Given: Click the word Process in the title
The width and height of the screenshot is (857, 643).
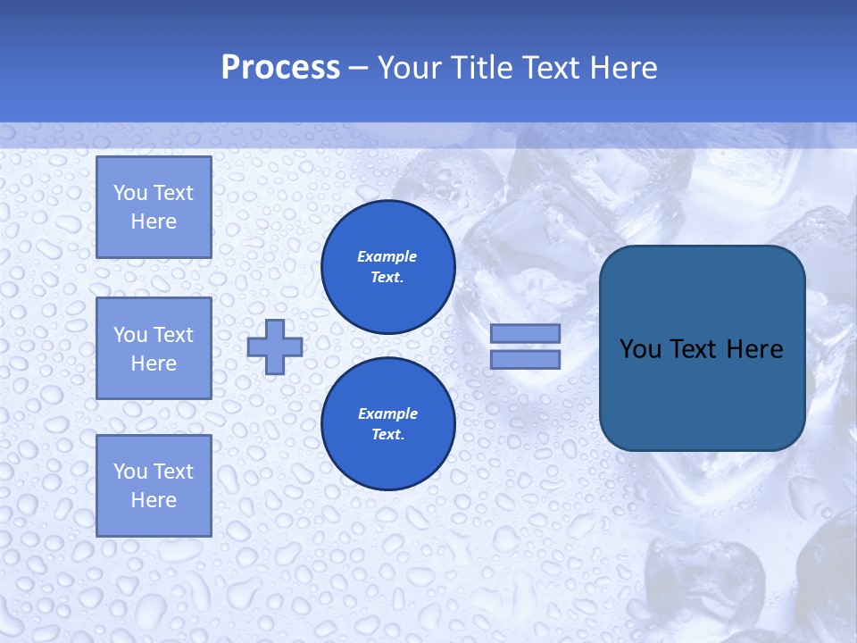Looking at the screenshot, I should pos(280,68).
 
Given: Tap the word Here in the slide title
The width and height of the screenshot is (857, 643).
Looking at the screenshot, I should pos(621,68).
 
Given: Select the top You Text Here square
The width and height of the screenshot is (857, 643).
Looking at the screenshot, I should pos(154,207).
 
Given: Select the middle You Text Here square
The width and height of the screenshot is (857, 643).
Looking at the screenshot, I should pos(154,348).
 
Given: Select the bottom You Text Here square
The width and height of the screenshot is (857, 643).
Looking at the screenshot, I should pos(154,486).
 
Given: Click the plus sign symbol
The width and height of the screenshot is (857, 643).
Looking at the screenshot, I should pos(275,347).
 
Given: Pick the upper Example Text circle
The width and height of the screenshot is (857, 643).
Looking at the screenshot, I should pos(387,267).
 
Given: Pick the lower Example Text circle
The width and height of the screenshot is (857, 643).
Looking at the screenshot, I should pos(387,424).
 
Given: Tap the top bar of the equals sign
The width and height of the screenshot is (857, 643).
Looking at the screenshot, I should pos(525,334).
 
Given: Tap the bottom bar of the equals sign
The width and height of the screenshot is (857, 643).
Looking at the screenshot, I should pos(525,360).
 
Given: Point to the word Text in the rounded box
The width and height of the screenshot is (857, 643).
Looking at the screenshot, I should pos(695,349).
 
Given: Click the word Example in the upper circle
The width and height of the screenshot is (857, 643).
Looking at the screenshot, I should pos(387,257).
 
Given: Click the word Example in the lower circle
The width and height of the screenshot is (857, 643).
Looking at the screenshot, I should pos(387,414).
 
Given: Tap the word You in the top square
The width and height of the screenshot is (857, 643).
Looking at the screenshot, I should pos(130,193).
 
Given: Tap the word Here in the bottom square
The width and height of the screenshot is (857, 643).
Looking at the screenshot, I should pos(154,500).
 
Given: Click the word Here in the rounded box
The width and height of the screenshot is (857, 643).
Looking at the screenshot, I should pos(754,349).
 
